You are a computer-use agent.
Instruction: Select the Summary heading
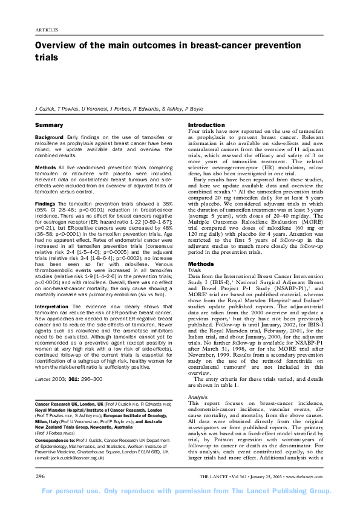tap(49, 125)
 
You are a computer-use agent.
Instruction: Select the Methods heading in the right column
tap(201, 265)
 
